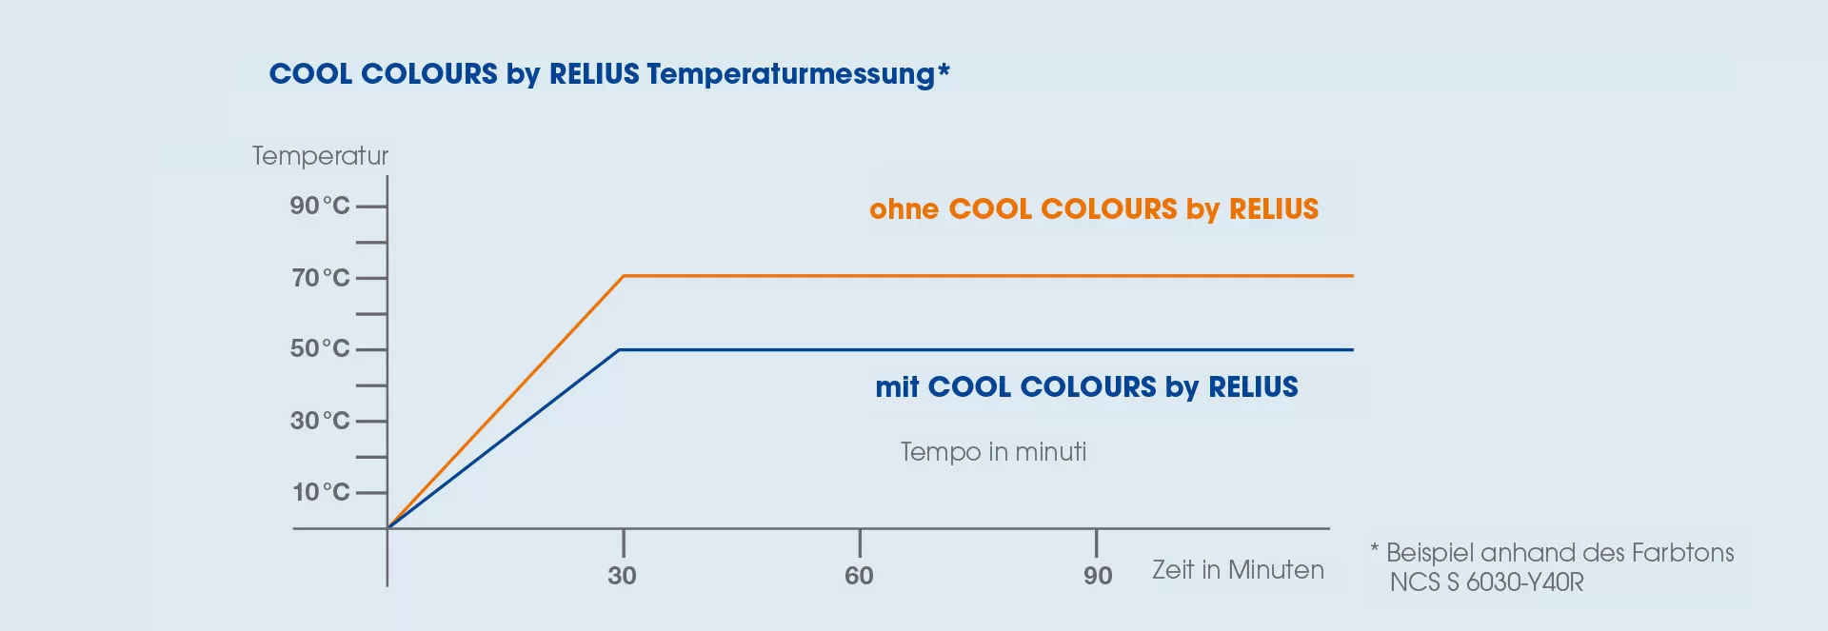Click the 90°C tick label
(320, 206)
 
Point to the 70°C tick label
(321, 278)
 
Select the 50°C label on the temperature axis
(320, 348)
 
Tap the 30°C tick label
(320, 421)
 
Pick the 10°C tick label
(321, 492)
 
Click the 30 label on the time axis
(623, 576)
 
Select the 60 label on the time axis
(859, 576)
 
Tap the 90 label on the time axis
(1098, 576)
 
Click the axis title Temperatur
(320, 156)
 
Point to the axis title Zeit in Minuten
(1238, 570)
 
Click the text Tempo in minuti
(993, 451)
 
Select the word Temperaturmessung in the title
(790, 74)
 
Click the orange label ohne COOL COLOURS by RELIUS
(1094, 209)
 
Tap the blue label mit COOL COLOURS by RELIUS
(1086, 387)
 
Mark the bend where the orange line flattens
(624, 276)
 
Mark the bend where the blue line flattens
(619, 350)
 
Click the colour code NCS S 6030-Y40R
(1486, 582)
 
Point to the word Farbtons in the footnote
(1682, 553)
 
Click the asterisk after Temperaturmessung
(944, 69)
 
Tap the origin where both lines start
(387, 527)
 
